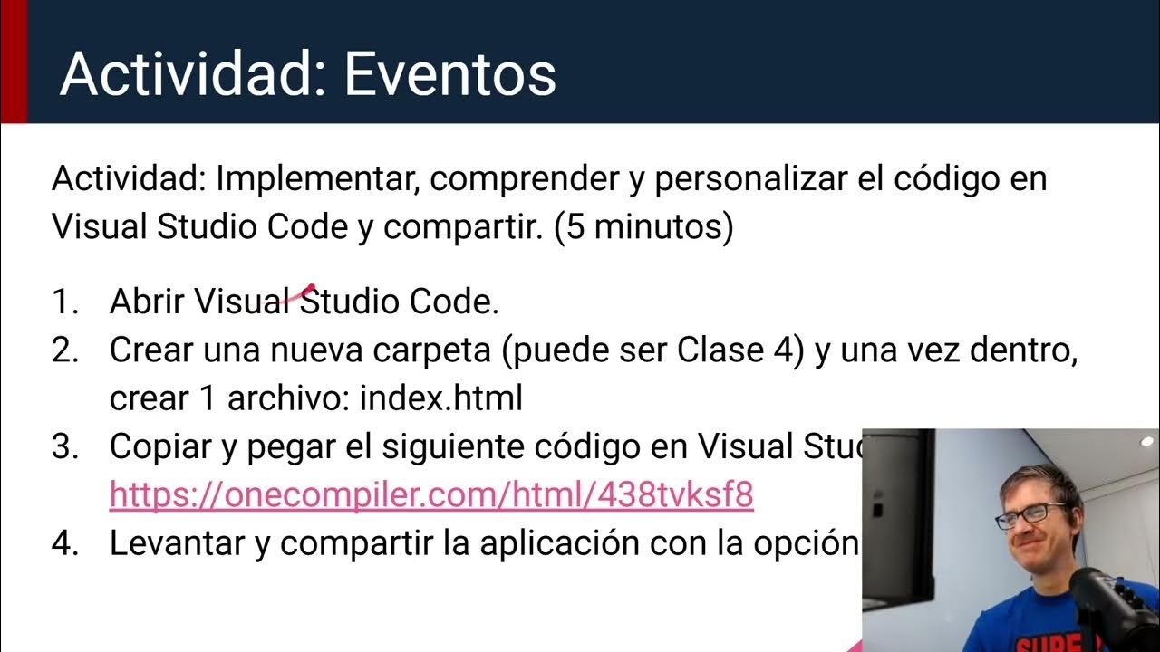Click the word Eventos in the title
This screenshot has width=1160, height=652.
[449, 74]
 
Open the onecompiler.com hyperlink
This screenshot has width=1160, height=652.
[431, 494]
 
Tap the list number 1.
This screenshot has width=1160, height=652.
[64, 302]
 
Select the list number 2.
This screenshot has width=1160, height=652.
[66, 350]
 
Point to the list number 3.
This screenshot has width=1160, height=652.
[66, 446]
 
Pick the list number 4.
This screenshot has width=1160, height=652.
[66, 542]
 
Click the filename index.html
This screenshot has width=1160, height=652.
[441, 398]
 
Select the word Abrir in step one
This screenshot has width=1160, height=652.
[148, 302]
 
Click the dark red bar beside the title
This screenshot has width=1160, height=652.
[14, 62]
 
